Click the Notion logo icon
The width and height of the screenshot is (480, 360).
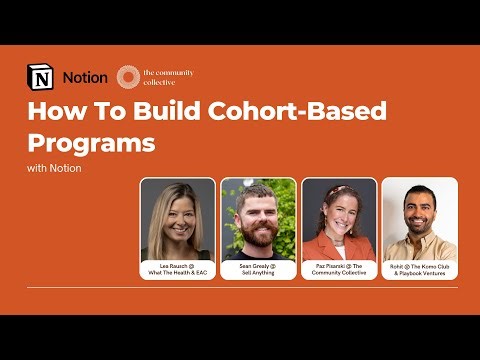pos(41,77)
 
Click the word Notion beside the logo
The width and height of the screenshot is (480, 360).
pos(85,77)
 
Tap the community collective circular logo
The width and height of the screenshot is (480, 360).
pos(127,77)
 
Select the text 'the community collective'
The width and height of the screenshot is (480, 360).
pos(168,77)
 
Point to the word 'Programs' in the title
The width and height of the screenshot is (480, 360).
pos(91,141)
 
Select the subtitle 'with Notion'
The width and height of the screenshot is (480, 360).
pos(54,168)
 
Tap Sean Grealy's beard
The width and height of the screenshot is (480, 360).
pos(258,232)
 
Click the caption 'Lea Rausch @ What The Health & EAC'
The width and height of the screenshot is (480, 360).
pos(178,267)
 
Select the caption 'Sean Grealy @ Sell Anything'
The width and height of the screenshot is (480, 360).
pos(258,267)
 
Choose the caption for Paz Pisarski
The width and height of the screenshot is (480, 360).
pos(339,267)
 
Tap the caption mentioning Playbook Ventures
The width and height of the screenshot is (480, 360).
pos(420,269)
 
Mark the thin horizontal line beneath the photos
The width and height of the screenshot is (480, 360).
pos(240,288)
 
